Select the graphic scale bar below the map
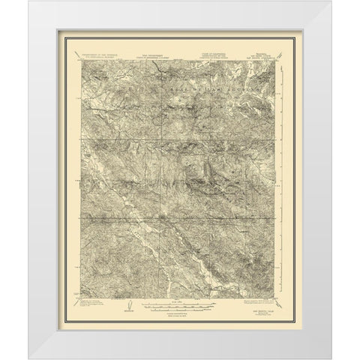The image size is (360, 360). click(180, 307)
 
